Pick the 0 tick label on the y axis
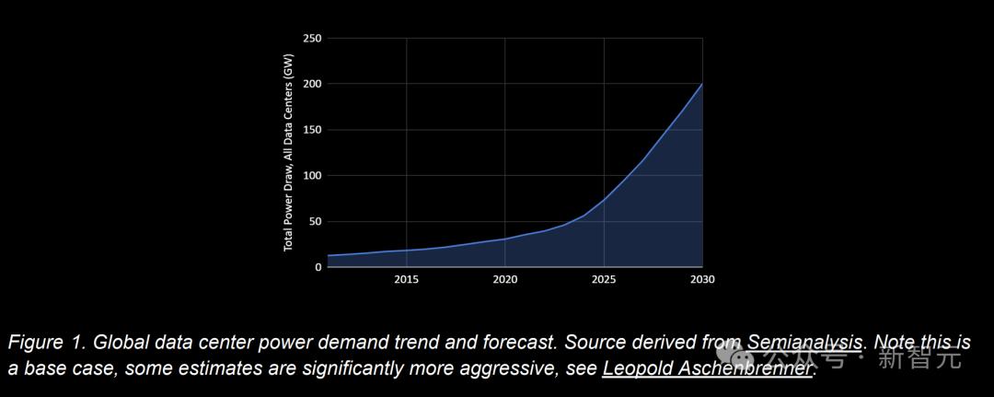(318, 268)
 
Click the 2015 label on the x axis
(407, 280)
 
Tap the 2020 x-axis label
(505, 280)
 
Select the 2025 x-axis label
(604, 280)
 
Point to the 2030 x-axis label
(702, 280)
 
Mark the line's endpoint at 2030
(702, 84)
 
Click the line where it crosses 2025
(604, 199)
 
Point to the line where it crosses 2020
(505, 239)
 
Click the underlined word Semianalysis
(804, 343)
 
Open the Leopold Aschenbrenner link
(707, 368)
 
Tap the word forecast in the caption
(515, 343)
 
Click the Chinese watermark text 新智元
(920, 359)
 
